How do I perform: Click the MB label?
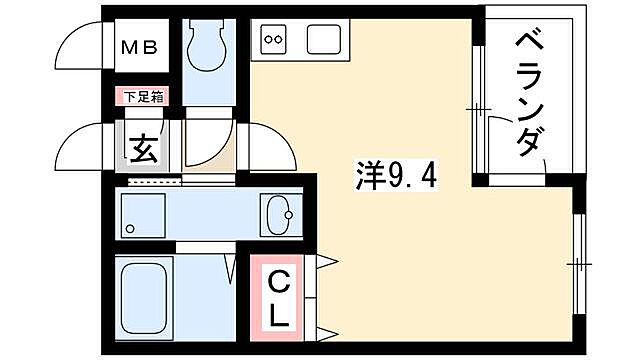139,46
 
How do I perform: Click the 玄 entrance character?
141,149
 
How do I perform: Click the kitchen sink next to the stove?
324,41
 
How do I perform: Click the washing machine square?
143,214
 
